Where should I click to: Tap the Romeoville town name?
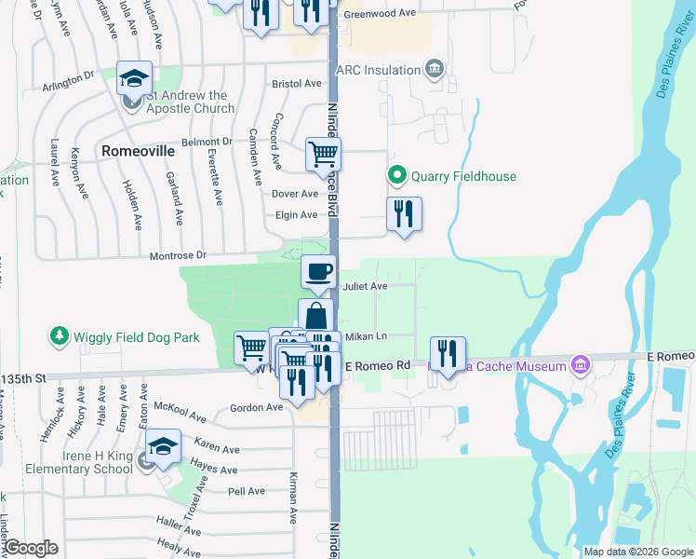(x=138, y=150)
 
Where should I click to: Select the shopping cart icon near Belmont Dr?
(x=323, y=153)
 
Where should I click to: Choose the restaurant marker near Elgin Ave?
(x=404, y=214)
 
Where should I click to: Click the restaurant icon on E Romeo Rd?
(x=448, y=354)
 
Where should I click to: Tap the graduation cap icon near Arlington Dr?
(x=134, y=77)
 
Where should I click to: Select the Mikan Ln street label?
(x=366, y=335)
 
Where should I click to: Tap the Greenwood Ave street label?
(x=380, y=14)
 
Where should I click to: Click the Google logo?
(x=33, y=549)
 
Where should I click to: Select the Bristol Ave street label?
(x=296, y=83)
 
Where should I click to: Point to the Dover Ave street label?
(x=294, y=194)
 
